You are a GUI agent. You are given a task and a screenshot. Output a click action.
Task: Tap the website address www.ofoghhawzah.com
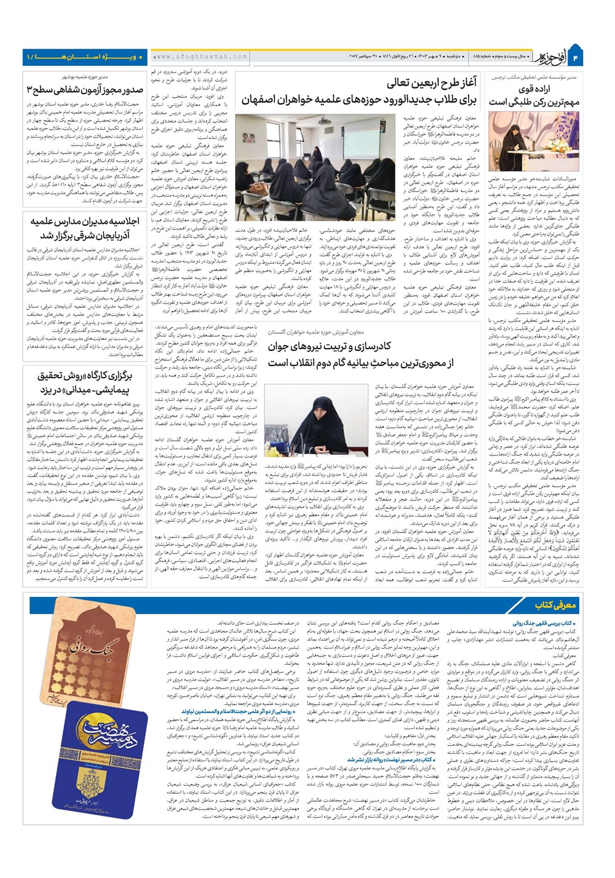[x=200, y=57]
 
